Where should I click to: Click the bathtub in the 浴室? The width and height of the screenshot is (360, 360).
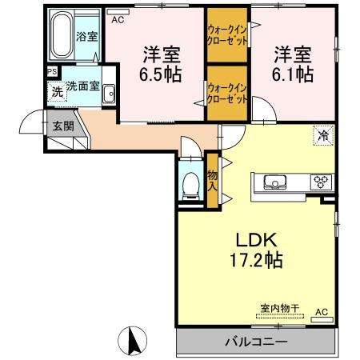coord(62,34)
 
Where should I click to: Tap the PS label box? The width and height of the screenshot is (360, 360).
coord(52,72)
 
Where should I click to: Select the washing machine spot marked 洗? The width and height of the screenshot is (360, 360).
coord(57,91)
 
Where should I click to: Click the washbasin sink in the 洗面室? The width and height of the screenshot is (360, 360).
coord(109,94)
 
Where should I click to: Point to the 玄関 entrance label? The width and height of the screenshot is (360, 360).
coord(63,126)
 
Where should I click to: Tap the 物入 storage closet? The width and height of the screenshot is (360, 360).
coord(213,180)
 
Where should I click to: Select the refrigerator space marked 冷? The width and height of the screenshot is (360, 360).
coord(323,136)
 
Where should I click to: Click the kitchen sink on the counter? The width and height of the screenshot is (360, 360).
coord(275,182)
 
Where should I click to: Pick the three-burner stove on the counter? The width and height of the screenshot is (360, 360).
coord(321,182)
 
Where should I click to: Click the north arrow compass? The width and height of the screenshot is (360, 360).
coord(133,341)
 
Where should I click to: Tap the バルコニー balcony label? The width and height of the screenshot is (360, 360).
coord(256,342)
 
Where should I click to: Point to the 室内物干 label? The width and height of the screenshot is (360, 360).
coord(280,309)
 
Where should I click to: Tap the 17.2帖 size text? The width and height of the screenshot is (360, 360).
coord(256,260)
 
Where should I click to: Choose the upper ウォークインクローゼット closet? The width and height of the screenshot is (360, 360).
coord(227,34)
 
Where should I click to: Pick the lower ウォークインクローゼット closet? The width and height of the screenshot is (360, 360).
coord(227,93)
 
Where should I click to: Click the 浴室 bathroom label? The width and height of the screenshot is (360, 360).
coord(87,37)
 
